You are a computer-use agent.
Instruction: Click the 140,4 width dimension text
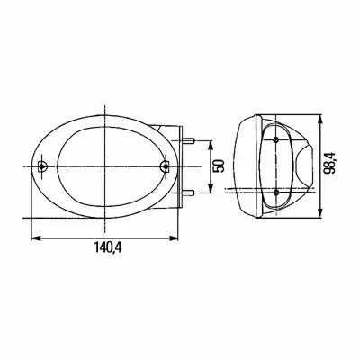108,247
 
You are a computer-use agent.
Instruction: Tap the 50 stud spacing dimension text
219,166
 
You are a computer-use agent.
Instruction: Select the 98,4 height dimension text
331,163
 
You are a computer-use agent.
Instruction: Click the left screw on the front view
42,166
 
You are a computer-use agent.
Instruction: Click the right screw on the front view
165,166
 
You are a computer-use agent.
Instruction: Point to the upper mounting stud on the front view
189,140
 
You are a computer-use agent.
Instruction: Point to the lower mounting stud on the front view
189,193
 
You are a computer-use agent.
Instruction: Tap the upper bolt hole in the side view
276,139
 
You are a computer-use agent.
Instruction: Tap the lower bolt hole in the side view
276,193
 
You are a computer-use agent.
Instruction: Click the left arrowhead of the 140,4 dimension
36,238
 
